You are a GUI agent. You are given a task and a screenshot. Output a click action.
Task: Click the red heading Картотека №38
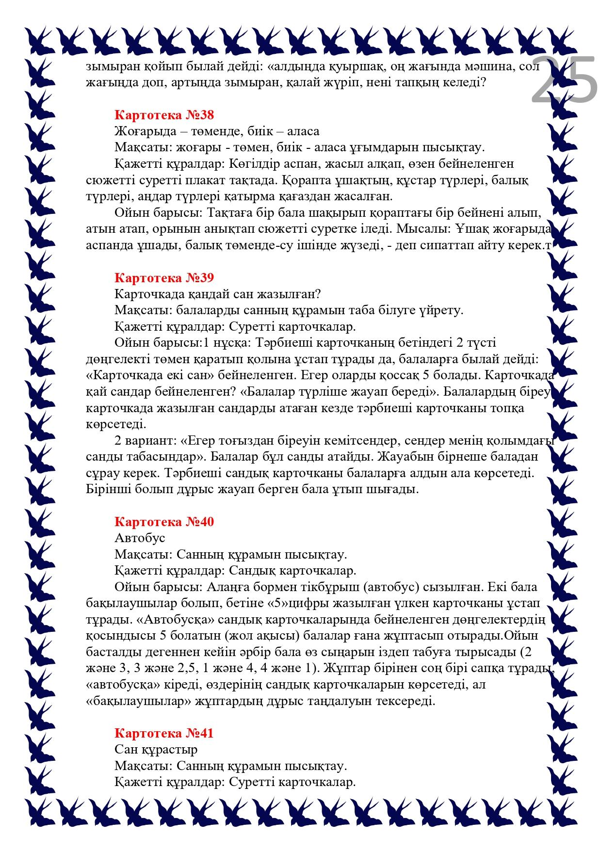click(164, 115)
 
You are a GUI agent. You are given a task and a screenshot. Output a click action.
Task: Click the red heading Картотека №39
click(164, 278)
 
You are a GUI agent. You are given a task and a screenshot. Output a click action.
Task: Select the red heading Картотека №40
click(164, 522)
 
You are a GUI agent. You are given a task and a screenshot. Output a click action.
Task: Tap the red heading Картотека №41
click(164, 733)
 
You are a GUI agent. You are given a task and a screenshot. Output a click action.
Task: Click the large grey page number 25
click(564, 80)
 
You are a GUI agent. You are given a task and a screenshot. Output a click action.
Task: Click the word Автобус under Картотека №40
click(140, 538)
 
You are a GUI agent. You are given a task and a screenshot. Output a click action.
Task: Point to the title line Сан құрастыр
click(156, 749)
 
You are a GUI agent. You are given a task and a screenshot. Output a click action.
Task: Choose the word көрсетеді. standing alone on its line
click(116, 424)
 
